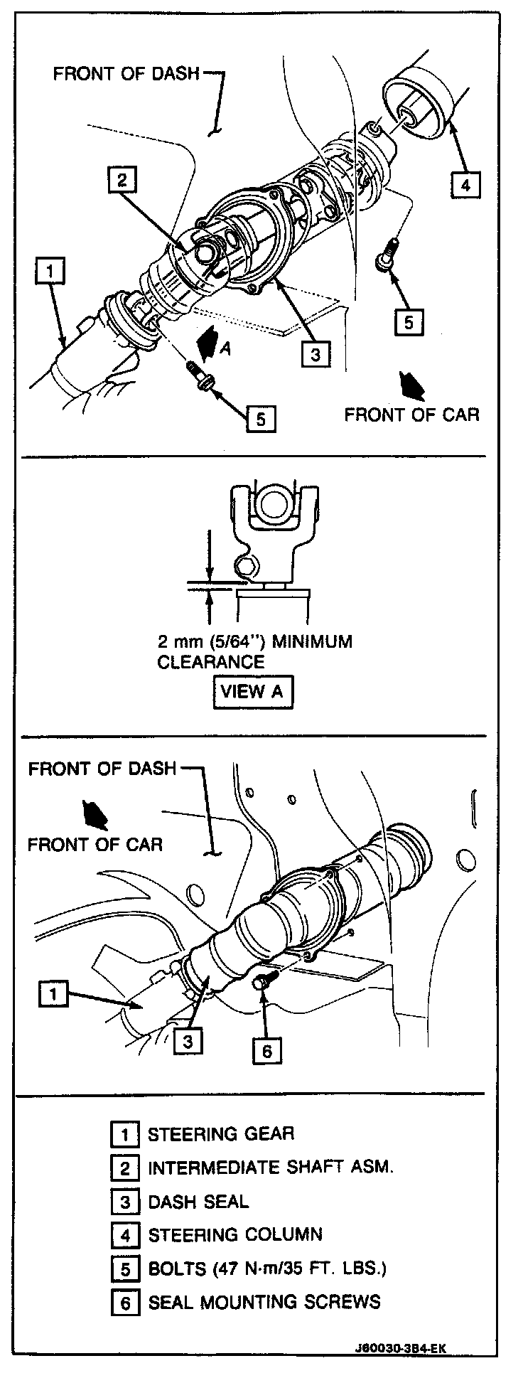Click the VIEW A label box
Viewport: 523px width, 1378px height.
point(252,692)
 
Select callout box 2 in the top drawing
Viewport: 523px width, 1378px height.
point(122,181)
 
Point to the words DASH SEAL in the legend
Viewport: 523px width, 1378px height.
point(198,1202)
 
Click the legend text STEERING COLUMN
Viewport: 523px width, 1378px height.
point(234,1235)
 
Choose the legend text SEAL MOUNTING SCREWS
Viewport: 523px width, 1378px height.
point(264,1302)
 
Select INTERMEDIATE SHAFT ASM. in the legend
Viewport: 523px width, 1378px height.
point(270,1168)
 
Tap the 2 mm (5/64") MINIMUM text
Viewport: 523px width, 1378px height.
point(254,642)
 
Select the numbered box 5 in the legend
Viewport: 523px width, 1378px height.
point(125,1268)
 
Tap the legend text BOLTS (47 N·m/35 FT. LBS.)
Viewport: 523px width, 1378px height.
point(267,1268)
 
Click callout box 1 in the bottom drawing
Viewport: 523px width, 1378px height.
point(54,993)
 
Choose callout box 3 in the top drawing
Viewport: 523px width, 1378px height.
point(316,353)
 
